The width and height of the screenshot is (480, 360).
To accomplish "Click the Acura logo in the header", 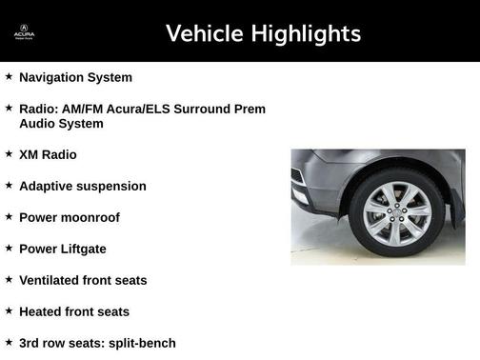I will (24, 34).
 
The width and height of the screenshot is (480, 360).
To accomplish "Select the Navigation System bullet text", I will (75, 77).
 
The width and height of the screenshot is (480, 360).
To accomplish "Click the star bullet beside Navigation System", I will (9, 76).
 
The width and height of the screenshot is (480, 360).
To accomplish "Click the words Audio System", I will (61, 124).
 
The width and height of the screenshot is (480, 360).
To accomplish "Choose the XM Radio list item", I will (48, 154).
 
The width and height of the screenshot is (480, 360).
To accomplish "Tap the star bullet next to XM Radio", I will (9, 153).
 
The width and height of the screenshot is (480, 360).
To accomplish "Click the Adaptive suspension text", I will (83, 186).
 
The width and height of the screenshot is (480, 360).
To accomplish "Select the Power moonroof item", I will (70, 217).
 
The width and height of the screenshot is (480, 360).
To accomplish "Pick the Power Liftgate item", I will (63, 249).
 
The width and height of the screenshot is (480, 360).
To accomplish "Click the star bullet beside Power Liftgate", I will (9, 248).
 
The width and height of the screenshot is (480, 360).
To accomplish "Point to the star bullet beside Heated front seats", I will (9, 310).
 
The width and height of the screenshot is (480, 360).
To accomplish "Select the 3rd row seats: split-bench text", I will (97, 343).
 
